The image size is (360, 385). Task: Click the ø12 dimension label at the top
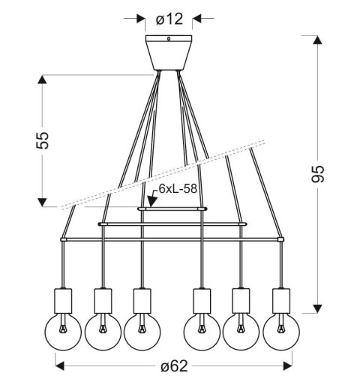tap(169, 16)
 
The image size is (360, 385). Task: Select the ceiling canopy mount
tap(169, 53)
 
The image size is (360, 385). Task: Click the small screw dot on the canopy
tap(169, 41)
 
